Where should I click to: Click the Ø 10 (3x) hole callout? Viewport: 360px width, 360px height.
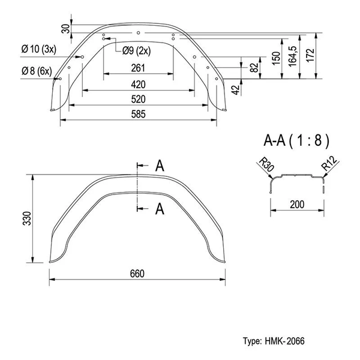coord(39,48)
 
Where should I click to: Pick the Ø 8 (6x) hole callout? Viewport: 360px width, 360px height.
coord(36,71)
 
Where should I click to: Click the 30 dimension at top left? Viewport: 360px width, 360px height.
coord(65,28)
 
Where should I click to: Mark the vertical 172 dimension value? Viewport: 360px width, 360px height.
coord(310,55)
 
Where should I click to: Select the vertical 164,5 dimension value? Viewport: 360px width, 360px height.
coord(293,55)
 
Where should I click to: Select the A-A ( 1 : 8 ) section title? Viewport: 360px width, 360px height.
coord(296,141)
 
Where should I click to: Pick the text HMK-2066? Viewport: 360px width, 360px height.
coord(284,341)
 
